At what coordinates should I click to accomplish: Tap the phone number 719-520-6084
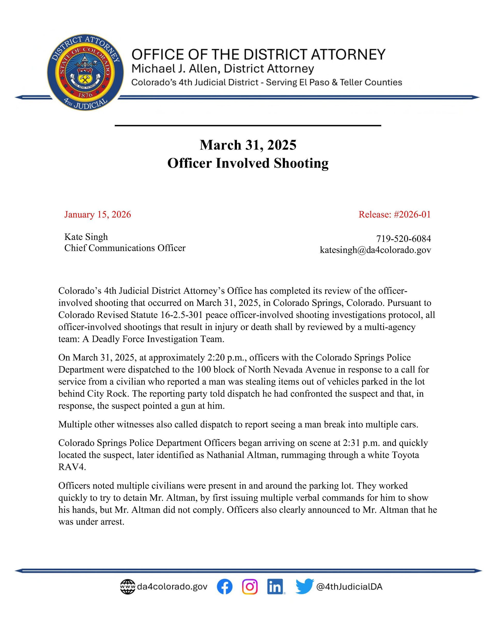[x=403, y=238]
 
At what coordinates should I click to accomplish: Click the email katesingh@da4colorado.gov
[x=375, y=250]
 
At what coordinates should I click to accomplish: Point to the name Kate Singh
[x=86, y=237]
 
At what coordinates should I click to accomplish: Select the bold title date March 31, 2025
[x=248, y=145]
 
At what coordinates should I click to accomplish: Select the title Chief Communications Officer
[x=125, y=248]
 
